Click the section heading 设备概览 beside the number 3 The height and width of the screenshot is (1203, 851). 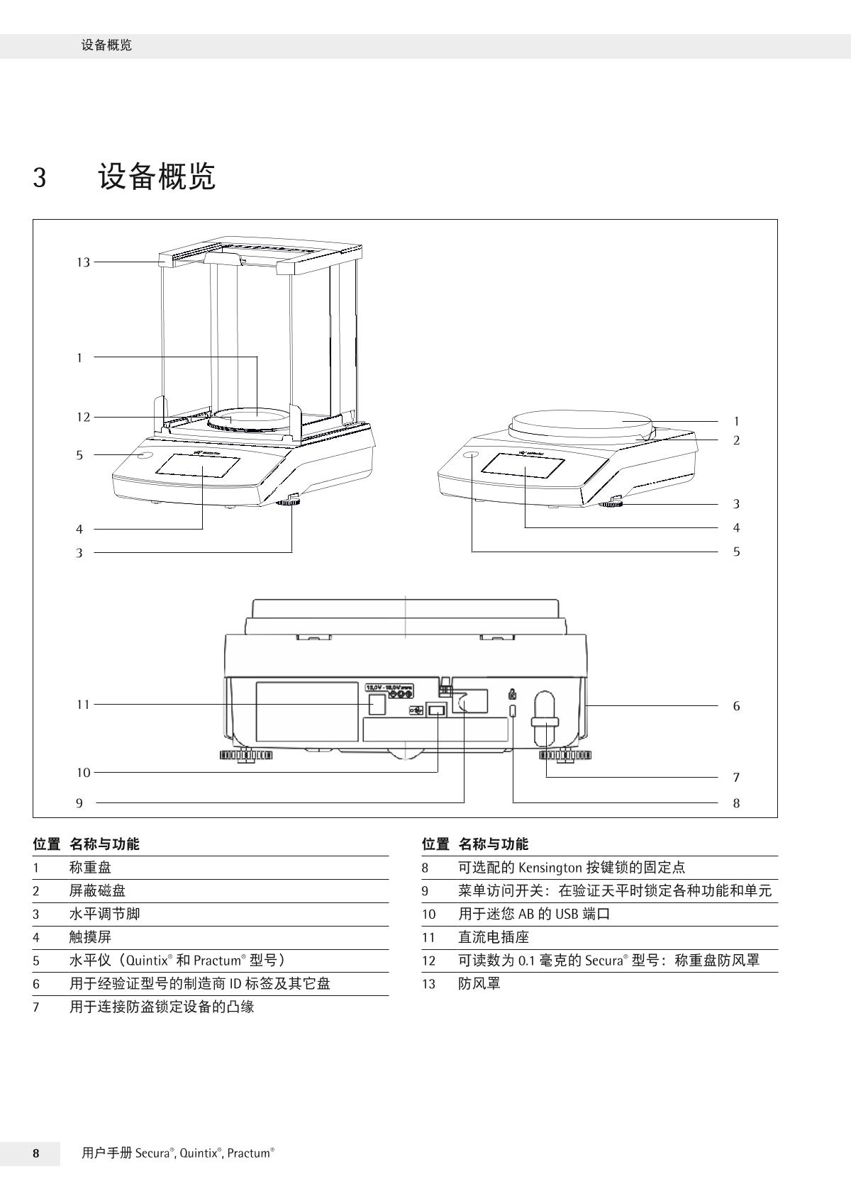point(157,177)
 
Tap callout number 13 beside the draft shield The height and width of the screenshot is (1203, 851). point(84,262)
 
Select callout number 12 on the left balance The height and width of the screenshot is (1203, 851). point(84,417)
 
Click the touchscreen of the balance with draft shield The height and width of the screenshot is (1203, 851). point(197,466)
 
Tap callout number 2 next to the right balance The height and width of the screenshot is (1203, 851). point(736,440)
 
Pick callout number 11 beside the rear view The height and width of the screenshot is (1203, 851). point(84,705)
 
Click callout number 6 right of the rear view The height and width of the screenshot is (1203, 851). point(736,706)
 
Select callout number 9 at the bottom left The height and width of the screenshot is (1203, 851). point(79,803)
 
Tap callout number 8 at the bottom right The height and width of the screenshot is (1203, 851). point(736,803)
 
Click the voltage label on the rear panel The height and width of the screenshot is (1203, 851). point(389,688)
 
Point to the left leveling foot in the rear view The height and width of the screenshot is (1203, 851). point(245,756)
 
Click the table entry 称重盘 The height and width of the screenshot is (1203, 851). point(90,867)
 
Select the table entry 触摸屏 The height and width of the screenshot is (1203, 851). point(90,937)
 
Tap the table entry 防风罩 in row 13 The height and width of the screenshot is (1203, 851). point(479,984)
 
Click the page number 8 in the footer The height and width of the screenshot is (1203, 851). point(35,1153)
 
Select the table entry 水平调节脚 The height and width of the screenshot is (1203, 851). point(104,914)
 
